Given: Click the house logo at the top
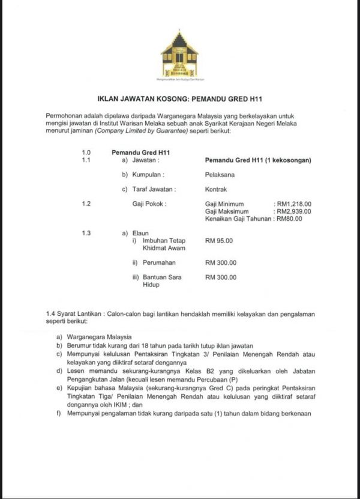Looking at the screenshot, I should pyautogui.click(x=179, y=54).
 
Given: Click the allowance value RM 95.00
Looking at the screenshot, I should pyautogui.click(x=218, y=240).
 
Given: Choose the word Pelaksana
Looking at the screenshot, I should pyautogui.click(x=219, y=175).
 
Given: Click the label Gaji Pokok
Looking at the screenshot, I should pyautogui.click(x=149, y=204).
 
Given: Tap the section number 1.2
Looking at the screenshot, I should pyautogui.click(x=86, y=204).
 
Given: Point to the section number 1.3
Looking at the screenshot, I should pyautogui.click(x=86, y=233).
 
